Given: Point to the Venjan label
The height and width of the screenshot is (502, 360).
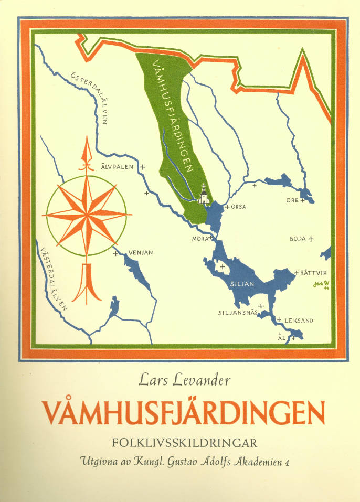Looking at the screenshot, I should coord(140,253).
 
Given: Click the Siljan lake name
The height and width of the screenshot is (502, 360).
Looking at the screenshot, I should coord(242,284).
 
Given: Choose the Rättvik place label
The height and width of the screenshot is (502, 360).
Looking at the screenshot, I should coord(314,272).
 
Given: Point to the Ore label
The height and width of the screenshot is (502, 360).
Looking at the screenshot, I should coord(292,200).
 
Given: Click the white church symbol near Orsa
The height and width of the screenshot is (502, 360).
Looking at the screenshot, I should coord(204,196).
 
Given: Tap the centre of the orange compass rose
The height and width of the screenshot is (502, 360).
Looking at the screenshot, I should coord(86,216).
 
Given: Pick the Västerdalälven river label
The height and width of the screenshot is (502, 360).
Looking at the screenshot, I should coord(53,279).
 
